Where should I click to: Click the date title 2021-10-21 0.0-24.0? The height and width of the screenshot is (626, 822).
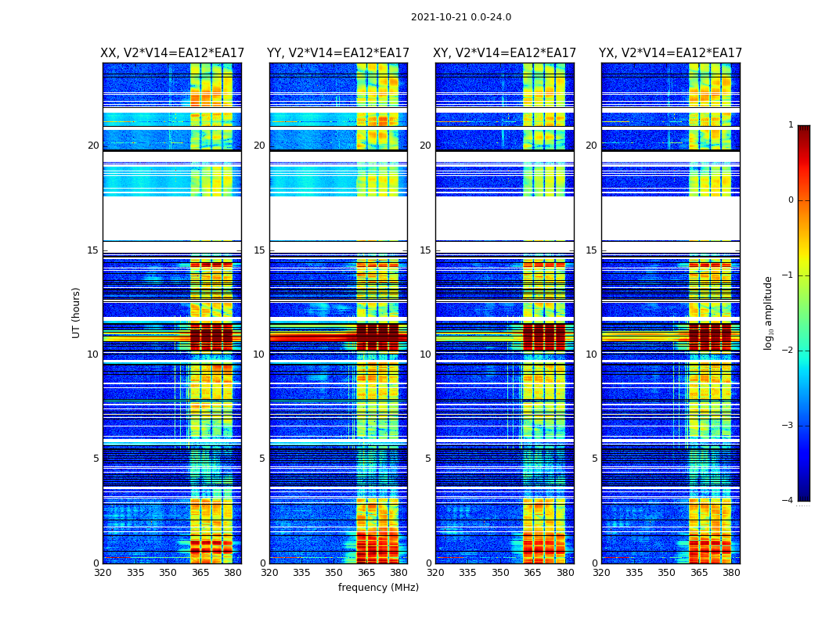pos(461,17)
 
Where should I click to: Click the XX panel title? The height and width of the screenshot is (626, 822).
pos(172,53)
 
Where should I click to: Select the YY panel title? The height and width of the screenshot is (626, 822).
pos(338,53)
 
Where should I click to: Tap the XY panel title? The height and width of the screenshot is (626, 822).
pos(505,53)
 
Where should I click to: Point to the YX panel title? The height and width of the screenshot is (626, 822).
pos(670,53)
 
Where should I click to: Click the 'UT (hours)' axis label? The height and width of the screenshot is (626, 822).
pos(77,312)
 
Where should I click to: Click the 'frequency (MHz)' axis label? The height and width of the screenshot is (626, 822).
pos(378,588)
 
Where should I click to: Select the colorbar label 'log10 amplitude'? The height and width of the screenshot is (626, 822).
pos(769,312)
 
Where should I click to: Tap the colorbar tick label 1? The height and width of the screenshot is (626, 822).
pos(791,125)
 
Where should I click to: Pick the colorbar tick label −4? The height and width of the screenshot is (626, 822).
pos(788,501)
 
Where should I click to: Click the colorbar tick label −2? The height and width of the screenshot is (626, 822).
pos(788,351)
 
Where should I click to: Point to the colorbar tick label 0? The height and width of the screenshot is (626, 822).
pos(791,200)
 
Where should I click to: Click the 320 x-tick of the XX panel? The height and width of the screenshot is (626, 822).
pos(103,573)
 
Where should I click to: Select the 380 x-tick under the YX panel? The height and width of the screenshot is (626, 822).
pos(731,573)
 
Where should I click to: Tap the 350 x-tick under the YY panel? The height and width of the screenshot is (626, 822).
pos(334,573)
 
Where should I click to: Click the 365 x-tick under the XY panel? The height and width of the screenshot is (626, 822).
pos(532,573)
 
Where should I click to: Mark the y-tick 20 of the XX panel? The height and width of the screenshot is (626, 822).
pos(93,146)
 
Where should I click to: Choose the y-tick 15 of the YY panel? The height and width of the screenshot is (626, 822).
pos(259,250)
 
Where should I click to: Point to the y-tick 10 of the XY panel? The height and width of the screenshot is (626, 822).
pos(425,354)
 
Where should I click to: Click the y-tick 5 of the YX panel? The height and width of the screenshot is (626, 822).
pos(594,459)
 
